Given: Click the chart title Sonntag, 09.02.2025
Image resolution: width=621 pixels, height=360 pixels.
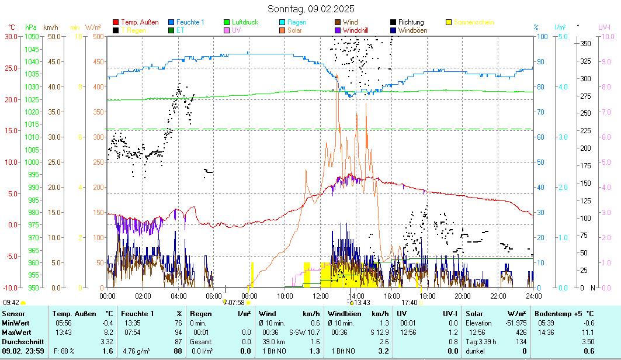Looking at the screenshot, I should [311, 9].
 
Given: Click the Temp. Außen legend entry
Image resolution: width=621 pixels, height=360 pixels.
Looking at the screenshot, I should [140, 22].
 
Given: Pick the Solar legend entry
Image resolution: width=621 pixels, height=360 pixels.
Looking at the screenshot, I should [294, 30].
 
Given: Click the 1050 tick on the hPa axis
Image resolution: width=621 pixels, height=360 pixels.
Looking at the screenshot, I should [32, 36].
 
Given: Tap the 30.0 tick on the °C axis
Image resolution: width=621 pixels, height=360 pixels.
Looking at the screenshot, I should [11, 36].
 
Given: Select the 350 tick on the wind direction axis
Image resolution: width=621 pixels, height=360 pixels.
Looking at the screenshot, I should [585, 43].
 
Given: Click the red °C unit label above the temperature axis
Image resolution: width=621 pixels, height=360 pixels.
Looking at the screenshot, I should [12, 27].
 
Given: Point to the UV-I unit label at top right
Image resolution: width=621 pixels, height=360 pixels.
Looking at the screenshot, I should [604, 27].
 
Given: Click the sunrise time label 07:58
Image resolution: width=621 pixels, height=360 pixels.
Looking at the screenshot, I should [236, 302].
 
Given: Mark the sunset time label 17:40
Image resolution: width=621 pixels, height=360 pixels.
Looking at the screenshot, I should [410, 302].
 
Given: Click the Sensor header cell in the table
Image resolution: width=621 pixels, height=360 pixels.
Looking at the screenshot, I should [14, 314].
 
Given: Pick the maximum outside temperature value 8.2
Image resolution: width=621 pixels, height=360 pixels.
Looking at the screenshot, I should [107, 332].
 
